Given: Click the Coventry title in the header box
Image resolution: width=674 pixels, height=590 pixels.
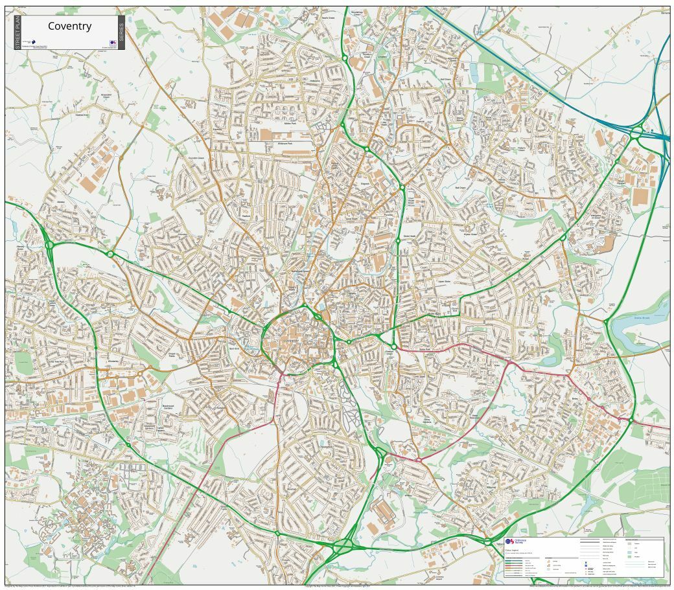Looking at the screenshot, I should point(69,27).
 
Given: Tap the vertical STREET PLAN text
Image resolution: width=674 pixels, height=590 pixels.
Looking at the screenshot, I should point(17,33).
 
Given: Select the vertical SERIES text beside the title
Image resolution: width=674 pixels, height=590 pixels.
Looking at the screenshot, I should point(121,33).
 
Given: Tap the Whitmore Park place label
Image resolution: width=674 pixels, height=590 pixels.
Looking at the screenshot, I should point(285,142).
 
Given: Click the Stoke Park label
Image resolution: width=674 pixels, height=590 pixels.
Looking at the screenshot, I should point(424,349).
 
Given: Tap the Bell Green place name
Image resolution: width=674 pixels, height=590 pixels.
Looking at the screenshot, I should point(461,187).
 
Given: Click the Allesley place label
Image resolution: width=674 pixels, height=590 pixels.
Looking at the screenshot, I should point(62,202).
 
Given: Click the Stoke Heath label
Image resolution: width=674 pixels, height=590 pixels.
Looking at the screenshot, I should point(408,236).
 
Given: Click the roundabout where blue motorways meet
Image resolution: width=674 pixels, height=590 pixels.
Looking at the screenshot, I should point(637,133).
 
